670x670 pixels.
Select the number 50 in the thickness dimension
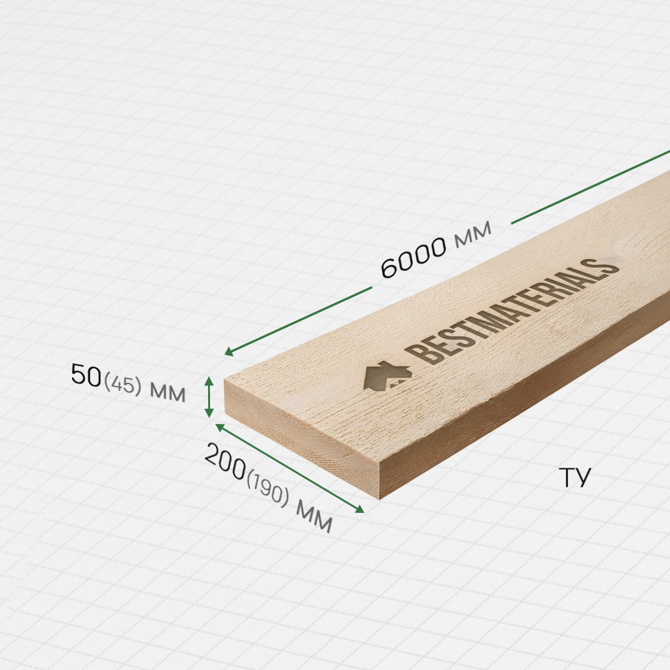pos(86,376)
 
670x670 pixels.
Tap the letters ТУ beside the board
pos(574,478)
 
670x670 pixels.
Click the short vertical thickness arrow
pos(209,397)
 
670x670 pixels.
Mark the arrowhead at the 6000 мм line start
pos(228,353)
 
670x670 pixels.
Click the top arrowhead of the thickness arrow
pos(209,380)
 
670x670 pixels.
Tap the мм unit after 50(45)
pos(167,393)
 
